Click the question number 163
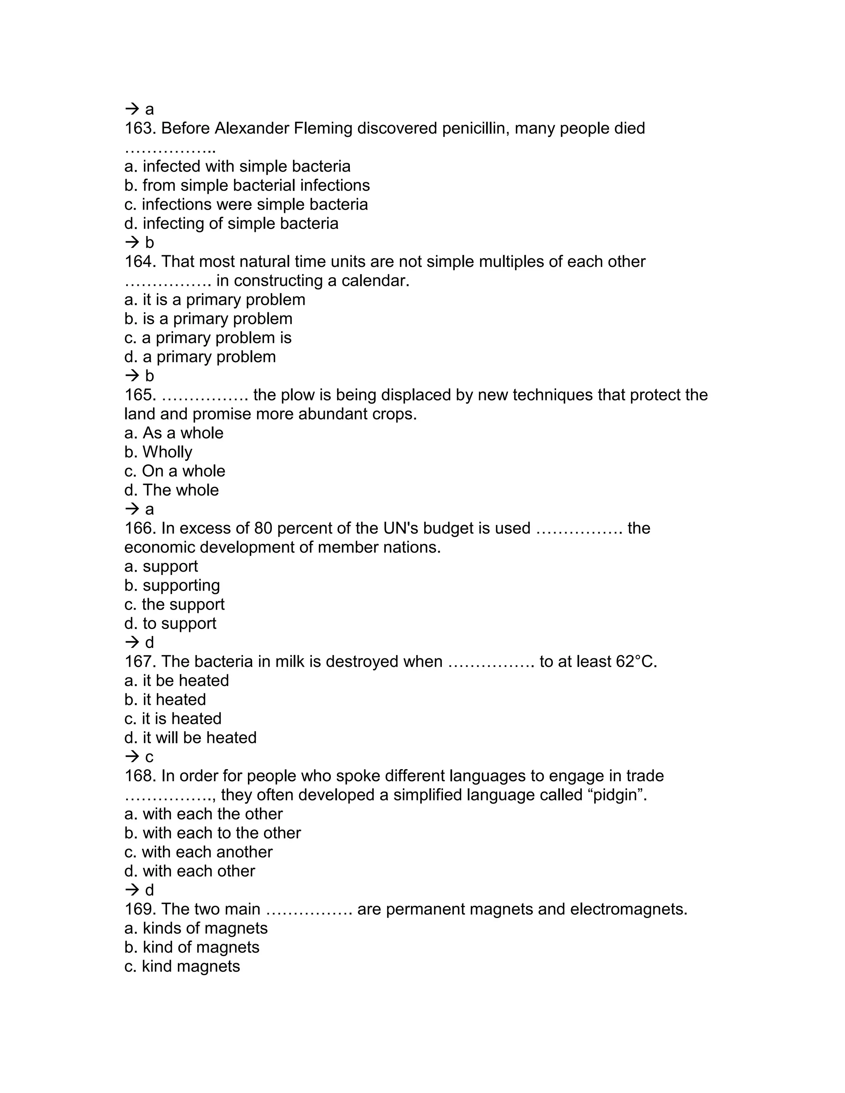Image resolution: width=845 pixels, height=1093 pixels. point(140,129)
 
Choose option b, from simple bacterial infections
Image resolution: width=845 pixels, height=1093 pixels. point(247,186)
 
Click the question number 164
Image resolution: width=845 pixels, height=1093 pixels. point(140,262)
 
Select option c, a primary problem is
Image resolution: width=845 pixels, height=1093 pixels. point(208,338)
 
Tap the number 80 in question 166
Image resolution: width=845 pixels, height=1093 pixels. point(264,528)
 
